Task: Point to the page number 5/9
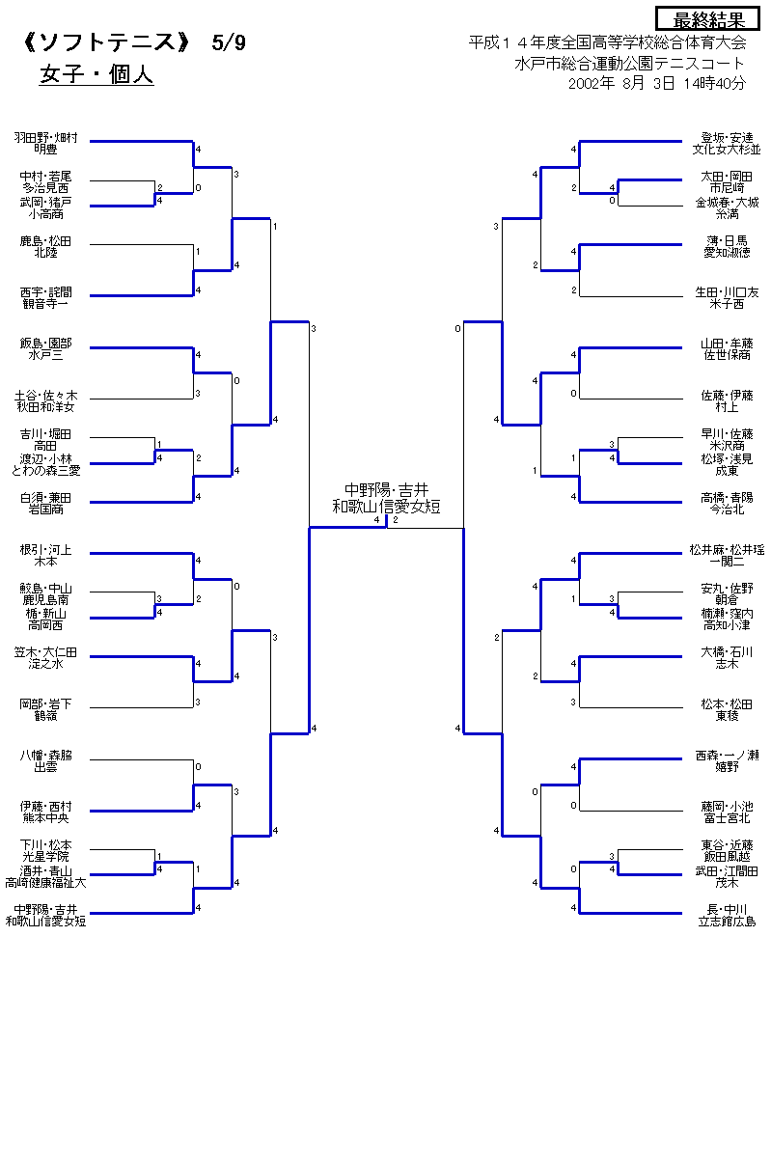(230, 43)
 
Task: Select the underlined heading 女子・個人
(96, 75)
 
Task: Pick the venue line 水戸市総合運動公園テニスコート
(629, 64)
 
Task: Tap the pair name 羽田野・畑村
(45, 138)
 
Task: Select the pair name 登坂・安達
(727, 138)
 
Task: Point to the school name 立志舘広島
(727, 921)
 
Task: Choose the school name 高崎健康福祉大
(45, 882)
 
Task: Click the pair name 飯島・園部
(45, 344)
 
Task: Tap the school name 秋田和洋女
(45, 406)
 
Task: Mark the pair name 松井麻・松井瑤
(727, 549)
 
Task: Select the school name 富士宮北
(727, 817)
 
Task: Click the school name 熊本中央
(45, 817)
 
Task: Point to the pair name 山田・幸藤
(727, 344)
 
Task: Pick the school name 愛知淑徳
(727, 252)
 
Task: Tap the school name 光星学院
(45, 856)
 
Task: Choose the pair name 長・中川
(727, 909)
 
